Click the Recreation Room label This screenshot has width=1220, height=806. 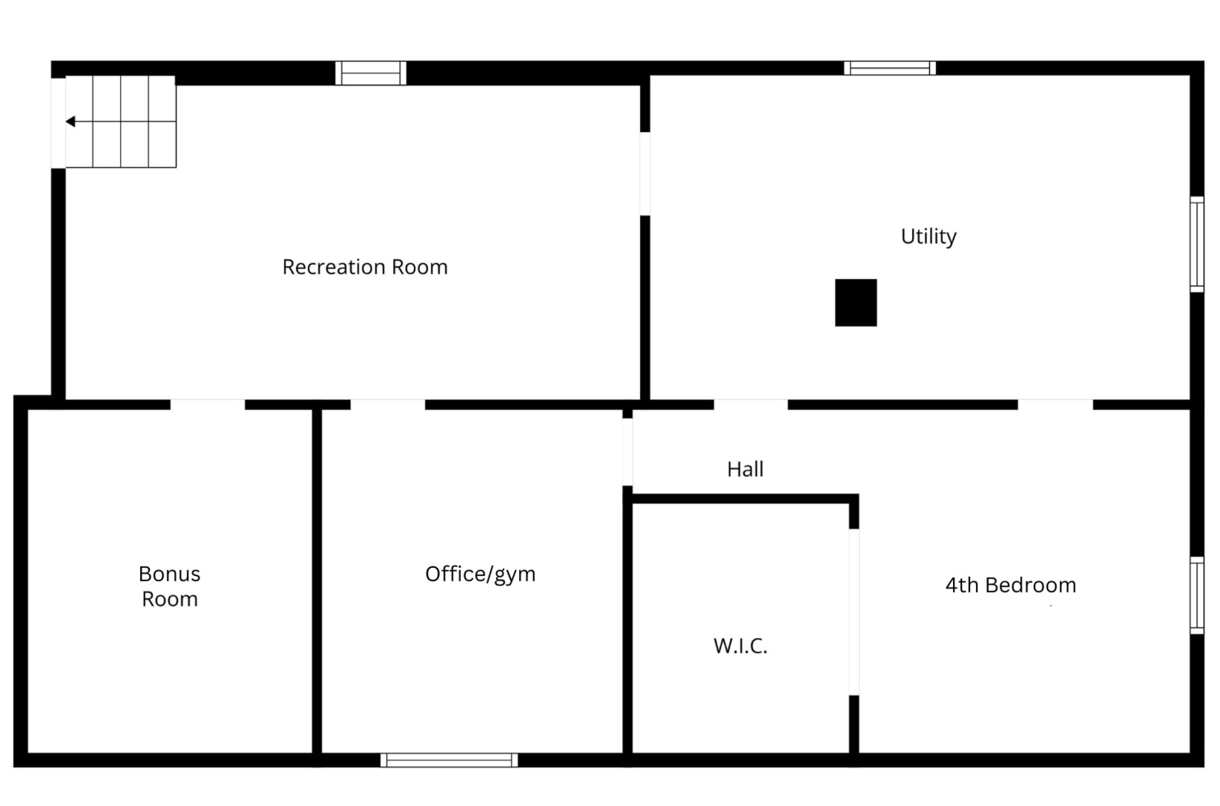tap(365, 267)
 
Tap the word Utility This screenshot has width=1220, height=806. tap(928, 237)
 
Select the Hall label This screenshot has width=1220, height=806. tap(745, 469)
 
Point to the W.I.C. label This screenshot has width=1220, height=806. tap(740, 646)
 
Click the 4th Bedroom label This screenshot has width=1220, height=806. tap(1010, 585)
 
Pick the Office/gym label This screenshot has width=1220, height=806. tap(480, 574)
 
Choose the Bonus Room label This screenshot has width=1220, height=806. tap(169, 587)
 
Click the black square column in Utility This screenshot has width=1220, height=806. tap(855, 303)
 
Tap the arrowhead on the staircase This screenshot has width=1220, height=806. tap(70, 122)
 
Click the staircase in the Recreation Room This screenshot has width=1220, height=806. tap(121, 122)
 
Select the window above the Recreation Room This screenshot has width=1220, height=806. tap(371, 73)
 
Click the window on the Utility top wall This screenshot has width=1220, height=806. tap(890, 68)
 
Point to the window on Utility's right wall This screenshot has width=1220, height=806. tap(1196, 244)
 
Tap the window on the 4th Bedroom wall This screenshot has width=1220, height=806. tap(1196, 595)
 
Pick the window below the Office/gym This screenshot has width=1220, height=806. tap(449, 760)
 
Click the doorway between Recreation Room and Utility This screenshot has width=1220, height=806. tap(645, 174)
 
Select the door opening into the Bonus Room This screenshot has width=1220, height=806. tap(207, 404)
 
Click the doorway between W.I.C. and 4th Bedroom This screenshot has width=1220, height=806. tap(854, 612)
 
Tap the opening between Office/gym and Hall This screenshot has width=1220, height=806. tap(627, 452)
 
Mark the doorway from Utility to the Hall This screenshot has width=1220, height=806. tap(750, 404)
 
